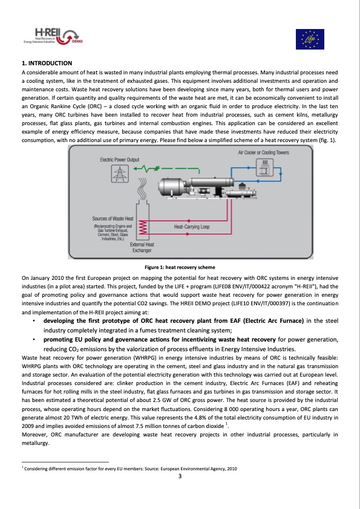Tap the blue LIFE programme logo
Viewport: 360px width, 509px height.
309,39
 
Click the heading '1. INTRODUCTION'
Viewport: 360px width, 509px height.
47,63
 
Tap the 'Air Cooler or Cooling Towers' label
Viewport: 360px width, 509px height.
267,153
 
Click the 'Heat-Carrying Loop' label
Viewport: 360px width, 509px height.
191,227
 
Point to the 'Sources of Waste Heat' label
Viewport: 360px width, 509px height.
113,218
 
